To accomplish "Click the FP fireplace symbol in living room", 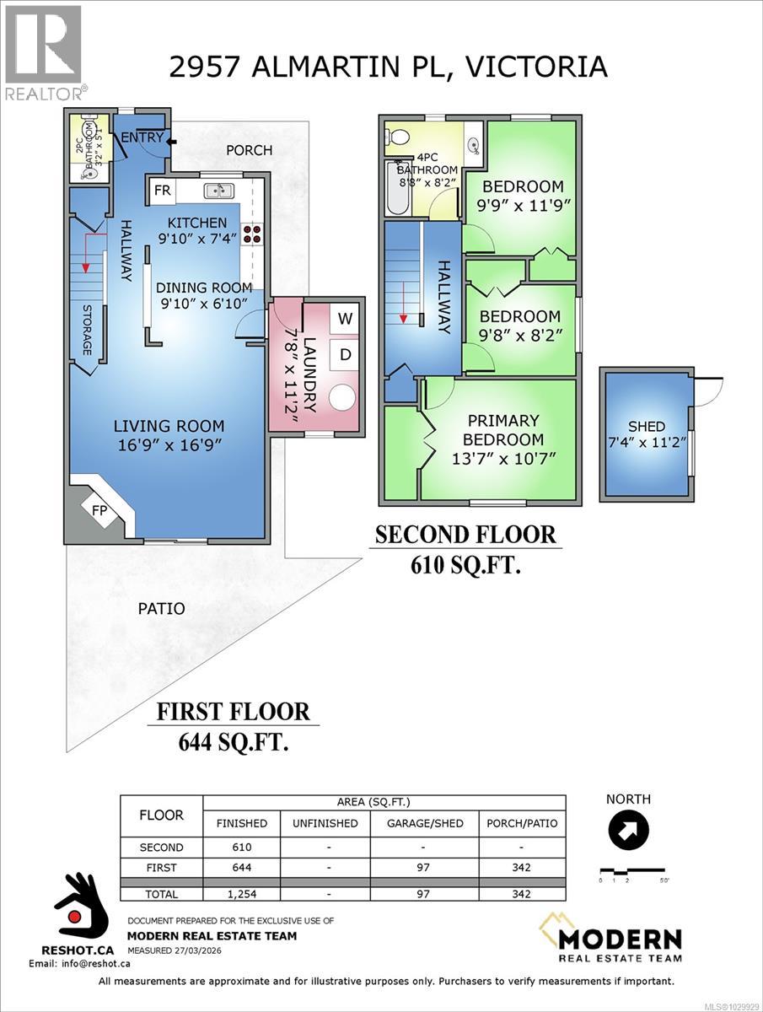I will click(99, 509).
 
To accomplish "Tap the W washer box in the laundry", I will click(345, 318).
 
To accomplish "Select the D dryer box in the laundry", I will click(345, 355).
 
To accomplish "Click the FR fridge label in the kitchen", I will click(162, 191).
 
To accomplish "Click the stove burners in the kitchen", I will click(251, 233).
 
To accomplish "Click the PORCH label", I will click(250, 150).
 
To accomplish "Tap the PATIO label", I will click(161, 608).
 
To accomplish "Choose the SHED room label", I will click(647, 427).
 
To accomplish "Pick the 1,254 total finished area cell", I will click(241, 894).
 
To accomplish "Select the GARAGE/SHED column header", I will click(424, 823).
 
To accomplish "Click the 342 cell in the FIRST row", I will click(521, 866).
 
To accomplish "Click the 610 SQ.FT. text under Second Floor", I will click(465, 564).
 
